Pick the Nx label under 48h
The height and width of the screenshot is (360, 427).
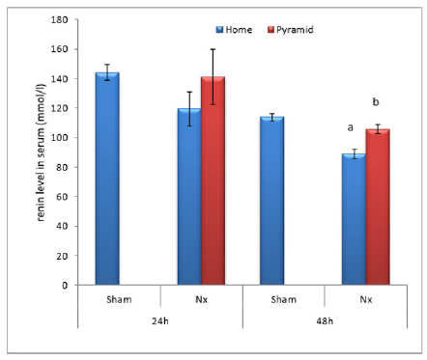pyautogui.click(x=365, y=298)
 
